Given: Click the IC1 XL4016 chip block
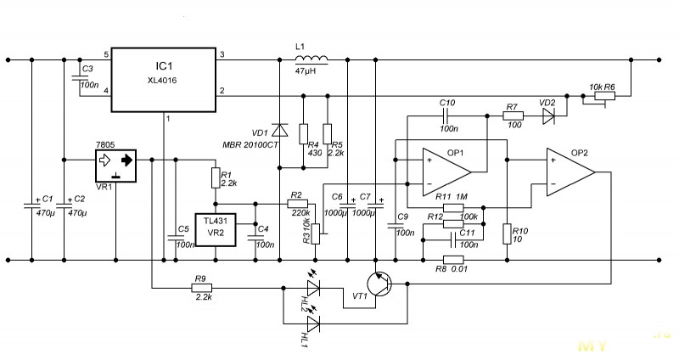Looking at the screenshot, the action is coord(164,80).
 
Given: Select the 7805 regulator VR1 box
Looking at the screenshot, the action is coord(115,166).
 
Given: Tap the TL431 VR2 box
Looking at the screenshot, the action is coord(216,230).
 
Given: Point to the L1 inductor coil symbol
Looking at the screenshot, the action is coord(311,59).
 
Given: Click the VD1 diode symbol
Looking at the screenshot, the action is coord(280,130).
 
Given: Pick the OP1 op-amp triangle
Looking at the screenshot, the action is coord(447,172).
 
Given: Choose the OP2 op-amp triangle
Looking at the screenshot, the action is coord(570,172).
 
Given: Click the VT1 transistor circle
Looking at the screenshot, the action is coord(379,284).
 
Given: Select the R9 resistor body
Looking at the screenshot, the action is coord(201,288).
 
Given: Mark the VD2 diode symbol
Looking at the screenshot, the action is coord(548,115).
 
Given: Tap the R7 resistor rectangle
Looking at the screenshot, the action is coord(513,115).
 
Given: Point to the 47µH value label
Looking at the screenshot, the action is coord(306,70).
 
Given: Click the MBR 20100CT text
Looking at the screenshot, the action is coord(250,145).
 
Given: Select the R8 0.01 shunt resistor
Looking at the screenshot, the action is coord(453,260).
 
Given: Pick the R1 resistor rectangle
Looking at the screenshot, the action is coord(216,178).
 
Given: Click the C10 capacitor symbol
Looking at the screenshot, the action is coord(446,115).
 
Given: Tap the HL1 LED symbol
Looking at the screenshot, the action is coord(313,323).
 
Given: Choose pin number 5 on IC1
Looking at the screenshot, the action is coord(106,55).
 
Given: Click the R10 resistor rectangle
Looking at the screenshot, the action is coord(507,234).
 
